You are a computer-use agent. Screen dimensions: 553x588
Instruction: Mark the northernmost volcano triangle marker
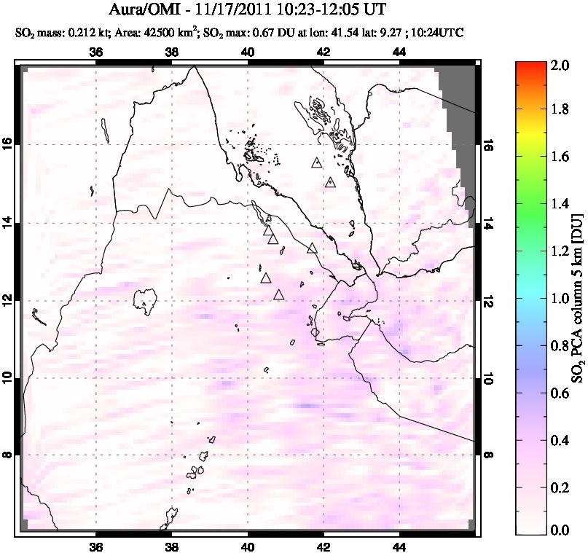pyautogui.click(x=315, y=162)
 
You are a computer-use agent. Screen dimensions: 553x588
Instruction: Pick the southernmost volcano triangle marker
pyautogui.click(x=278, y=294)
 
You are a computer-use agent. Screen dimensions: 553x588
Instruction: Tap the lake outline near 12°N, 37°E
pyautogui.click(x=146, y=298)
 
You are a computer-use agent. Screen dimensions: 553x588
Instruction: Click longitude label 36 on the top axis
pyautogui.click(x=95, y=52)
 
